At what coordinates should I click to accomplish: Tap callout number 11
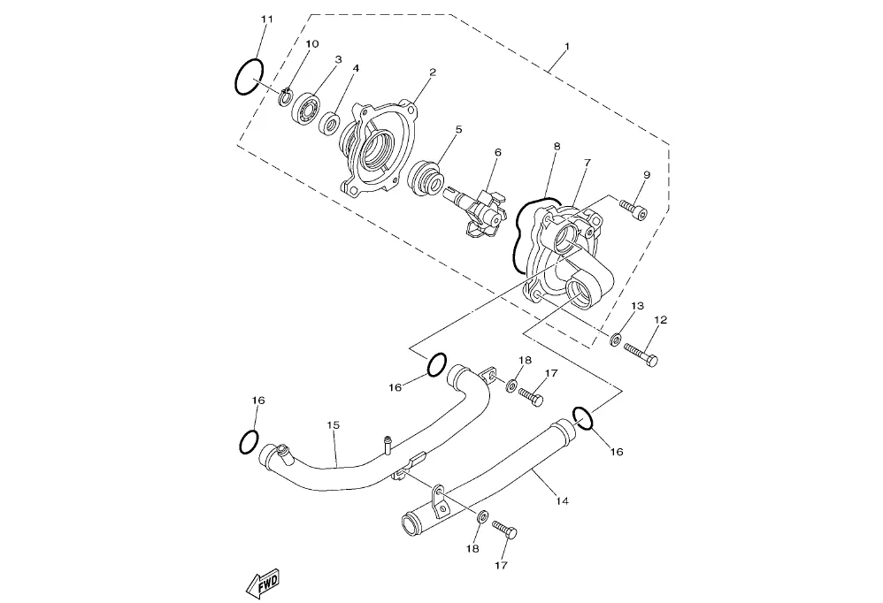(x=267, y=19)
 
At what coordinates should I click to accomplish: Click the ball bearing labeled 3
(x=306, y=107)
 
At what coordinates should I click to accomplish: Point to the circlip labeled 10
(x=286, y=96)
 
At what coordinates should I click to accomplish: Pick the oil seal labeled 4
(x=329, y=123)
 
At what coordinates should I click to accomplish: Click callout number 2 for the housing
(x=433, y=72)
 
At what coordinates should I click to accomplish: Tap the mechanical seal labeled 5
(x=426, y=179)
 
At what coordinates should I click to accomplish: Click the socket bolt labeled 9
(x=633, y=210)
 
